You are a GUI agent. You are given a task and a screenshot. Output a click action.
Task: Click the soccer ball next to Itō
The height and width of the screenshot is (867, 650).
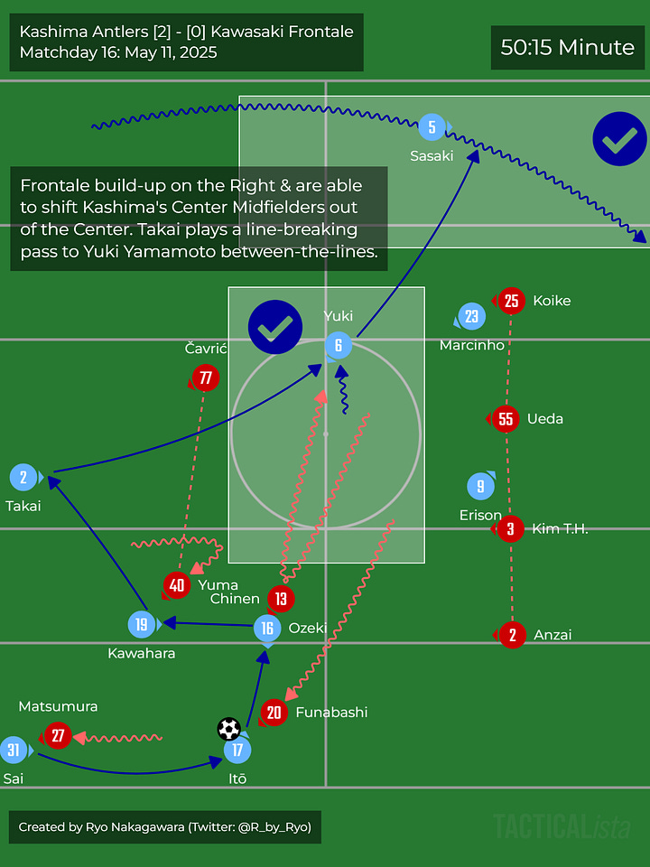229,729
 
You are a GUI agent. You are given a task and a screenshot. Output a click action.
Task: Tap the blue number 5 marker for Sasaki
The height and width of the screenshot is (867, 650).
432,127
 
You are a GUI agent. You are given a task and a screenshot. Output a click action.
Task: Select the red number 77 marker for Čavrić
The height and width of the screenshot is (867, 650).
206,378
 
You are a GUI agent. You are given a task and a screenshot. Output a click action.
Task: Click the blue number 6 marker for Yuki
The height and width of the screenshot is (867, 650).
339,344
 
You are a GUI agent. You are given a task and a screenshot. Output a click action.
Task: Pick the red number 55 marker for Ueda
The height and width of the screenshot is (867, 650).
506,418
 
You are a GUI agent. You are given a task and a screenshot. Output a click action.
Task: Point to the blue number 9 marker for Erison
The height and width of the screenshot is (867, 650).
481,487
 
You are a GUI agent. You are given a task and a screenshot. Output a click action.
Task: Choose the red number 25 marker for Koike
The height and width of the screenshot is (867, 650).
512,301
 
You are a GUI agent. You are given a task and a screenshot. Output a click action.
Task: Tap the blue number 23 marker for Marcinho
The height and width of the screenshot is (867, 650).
472,317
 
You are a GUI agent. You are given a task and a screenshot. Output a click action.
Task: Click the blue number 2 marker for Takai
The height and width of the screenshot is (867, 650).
23,478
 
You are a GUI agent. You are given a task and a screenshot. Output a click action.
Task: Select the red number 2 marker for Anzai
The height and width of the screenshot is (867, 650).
512,635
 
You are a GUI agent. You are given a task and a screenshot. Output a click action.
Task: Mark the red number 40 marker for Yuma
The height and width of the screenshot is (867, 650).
177,585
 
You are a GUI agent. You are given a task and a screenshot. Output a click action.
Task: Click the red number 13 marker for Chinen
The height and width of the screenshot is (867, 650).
281,598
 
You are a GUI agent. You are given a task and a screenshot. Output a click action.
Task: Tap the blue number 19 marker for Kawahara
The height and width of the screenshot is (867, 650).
142,624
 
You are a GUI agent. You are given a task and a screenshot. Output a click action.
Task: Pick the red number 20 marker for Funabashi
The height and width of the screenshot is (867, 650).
274,713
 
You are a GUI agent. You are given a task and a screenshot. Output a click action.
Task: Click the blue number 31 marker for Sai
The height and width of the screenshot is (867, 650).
14,750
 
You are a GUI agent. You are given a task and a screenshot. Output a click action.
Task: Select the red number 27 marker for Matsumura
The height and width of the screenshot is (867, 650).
58,736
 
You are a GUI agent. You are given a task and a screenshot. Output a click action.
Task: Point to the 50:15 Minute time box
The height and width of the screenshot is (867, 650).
568,48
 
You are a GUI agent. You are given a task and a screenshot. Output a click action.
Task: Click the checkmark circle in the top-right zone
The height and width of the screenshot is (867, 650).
619,138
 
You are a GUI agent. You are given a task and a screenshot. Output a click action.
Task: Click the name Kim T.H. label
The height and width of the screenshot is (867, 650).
560,529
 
